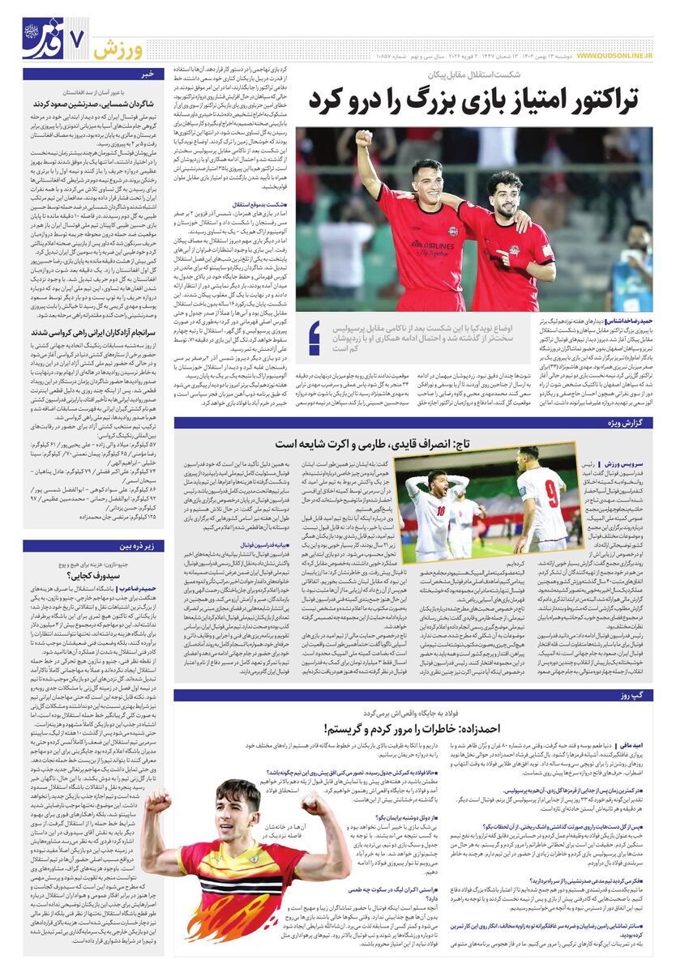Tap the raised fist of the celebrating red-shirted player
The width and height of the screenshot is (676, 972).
364,139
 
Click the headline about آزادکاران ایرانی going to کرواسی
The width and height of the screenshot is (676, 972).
94,332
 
